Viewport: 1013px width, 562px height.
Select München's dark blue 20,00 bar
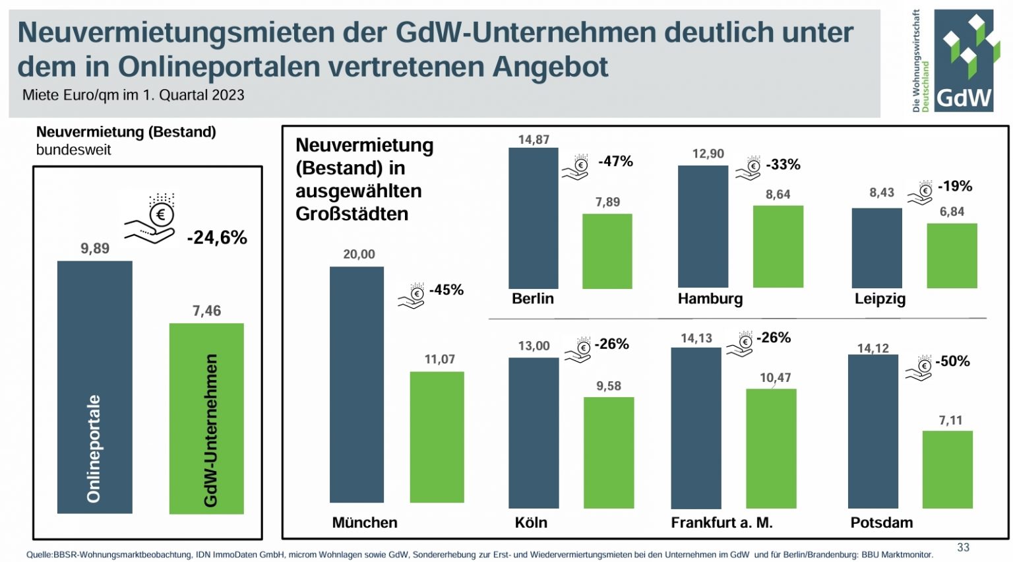356,384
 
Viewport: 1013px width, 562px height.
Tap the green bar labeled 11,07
437,437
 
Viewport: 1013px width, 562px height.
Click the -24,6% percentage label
217,237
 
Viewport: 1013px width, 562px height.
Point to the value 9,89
95,249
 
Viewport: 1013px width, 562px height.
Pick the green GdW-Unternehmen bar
206,418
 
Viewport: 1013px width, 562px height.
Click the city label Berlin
533,299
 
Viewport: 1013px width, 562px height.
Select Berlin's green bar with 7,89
607,251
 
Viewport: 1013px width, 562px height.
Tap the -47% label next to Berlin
615,162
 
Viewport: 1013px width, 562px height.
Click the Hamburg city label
710,299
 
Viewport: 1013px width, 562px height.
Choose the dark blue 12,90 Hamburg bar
703,226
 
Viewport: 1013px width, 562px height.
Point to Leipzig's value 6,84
952,212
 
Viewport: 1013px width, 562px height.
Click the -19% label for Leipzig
955,187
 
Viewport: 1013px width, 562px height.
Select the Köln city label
531,522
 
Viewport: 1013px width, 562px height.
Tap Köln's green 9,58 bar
608,453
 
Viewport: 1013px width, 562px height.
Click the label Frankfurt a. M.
721,522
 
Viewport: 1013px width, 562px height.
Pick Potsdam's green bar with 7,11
947,469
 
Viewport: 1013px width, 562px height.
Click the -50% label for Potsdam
952,361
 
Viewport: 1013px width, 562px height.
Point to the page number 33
963,547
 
